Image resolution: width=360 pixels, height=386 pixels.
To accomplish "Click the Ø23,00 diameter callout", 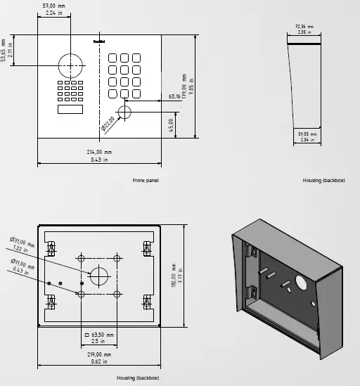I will [x=108, y=125].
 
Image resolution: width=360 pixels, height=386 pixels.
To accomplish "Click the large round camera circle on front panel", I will [x=71, y=65].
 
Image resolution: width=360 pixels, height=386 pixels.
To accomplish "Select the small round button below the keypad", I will [x=125, y=112].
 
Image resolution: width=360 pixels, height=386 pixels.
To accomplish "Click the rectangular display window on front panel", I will [x=69, y=109].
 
